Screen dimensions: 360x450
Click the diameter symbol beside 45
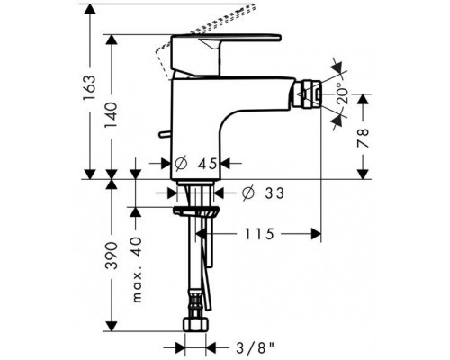[180, 164]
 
